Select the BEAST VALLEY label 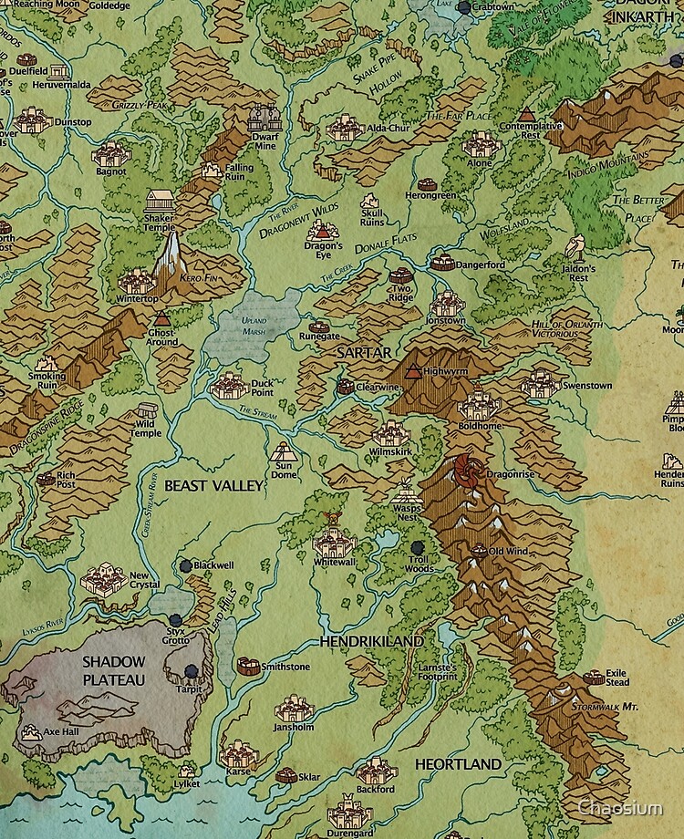[213, 487]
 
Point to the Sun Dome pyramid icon [283, 451]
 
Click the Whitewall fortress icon [332, 544]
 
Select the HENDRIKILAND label [371, 642]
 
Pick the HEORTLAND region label [458, 764]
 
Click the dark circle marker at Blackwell [185, 565]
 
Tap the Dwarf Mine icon [264, 119]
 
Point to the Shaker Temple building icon [159, 202]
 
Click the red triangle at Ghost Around [161, 319]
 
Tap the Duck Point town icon [229, 385]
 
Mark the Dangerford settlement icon [443, 264]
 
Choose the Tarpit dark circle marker [192, 672]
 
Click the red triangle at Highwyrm [414, 371]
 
